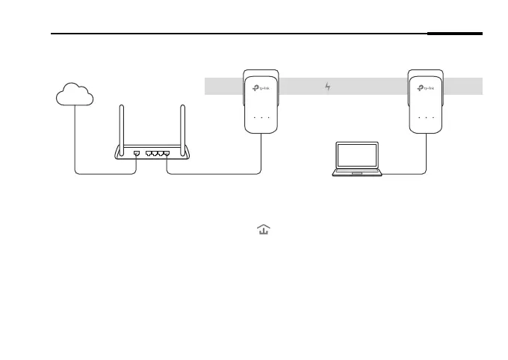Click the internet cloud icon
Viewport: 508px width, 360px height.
tap(75, 94)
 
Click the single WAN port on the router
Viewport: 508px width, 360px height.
tap(136, 152)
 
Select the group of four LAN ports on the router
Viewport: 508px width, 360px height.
tap(158, 152)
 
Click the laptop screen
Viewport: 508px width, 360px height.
tap(357, 155)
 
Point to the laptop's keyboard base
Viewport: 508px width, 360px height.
tap(357, 173)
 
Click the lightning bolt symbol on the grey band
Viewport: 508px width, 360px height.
tap(327, 87)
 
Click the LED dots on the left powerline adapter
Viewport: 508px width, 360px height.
tap(261, 118)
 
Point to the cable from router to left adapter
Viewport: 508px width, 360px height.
tap(217, 174)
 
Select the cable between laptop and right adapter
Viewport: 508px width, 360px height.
tap(407, 174)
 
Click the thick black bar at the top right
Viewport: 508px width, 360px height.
tap(456, 34)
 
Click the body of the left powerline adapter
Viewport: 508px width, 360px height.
tap(261, 105)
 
